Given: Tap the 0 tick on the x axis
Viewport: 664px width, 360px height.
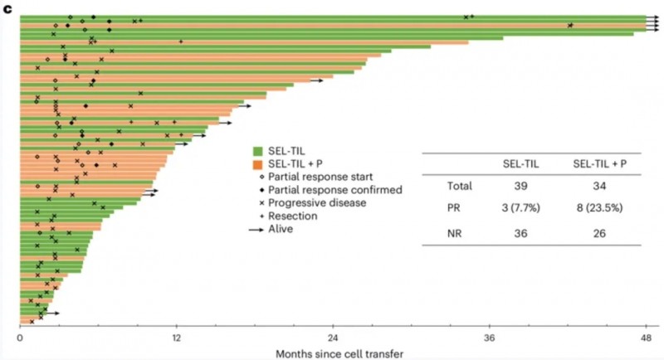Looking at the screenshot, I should [19, 338].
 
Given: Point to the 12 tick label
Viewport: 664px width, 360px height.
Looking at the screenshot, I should [176, 338].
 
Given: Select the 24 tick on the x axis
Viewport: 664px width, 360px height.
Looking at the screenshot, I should [333, 338].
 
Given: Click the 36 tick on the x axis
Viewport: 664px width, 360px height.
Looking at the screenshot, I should [490, 338].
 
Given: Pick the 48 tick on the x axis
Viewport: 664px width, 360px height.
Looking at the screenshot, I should [646, 338].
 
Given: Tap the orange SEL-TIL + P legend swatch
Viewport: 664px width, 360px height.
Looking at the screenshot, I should [258, 163].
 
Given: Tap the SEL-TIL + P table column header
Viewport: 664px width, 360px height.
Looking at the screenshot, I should [599, 165].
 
